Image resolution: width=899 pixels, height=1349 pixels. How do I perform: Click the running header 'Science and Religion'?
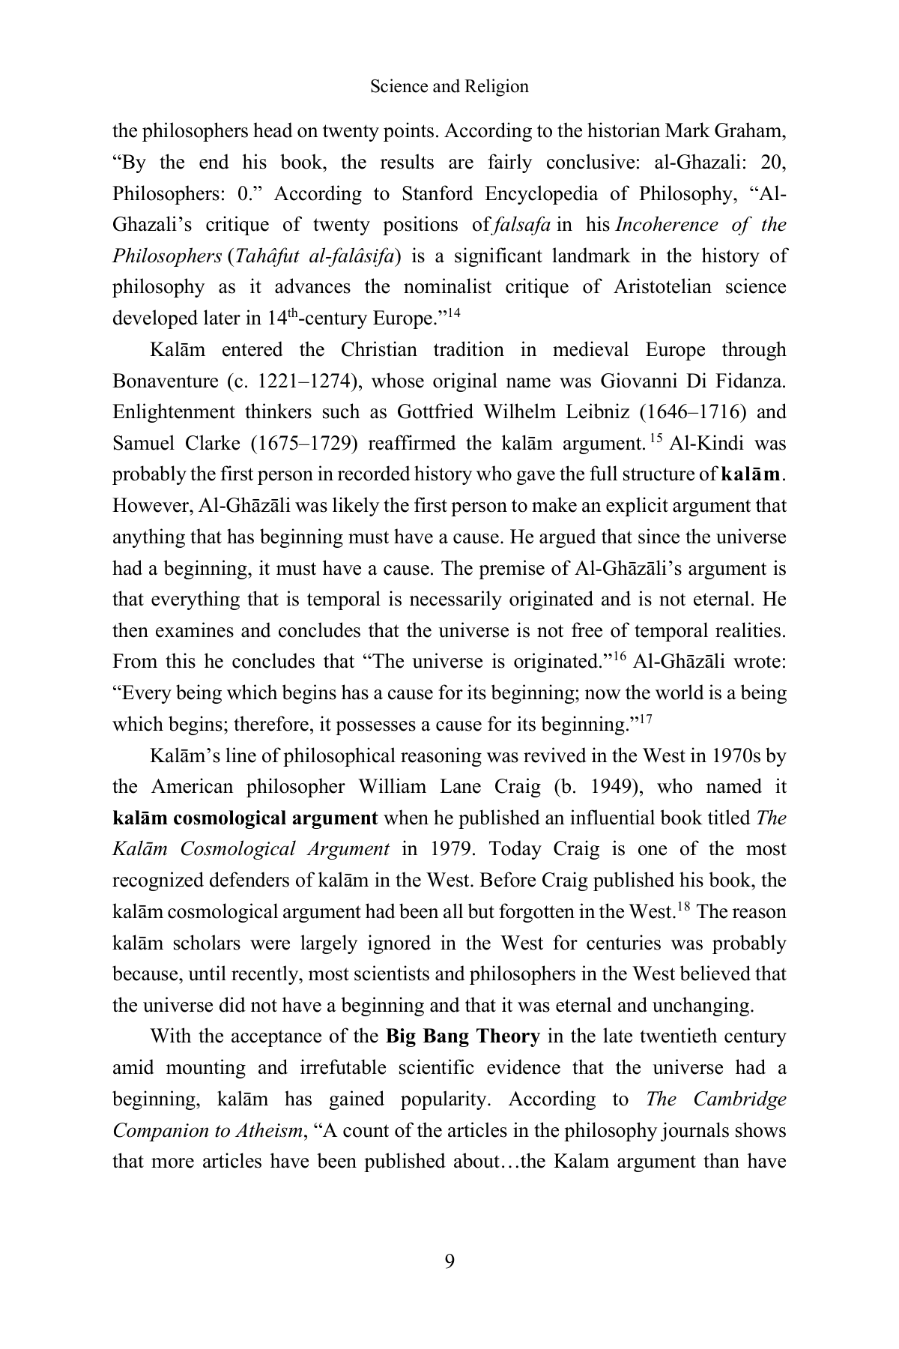[449, 87]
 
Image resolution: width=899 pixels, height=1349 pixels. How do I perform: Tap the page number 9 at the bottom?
[449, 1262]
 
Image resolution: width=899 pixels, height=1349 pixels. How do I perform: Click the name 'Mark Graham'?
[730, 131]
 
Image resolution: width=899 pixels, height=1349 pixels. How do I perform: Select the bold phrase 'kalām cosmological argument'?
[245, 818]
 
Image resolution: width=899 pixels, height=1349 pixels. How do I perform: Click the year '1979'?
[452, 850]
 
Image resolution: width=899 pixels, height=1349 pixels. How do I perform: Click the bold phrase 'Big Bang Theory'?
[463, 1037]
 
